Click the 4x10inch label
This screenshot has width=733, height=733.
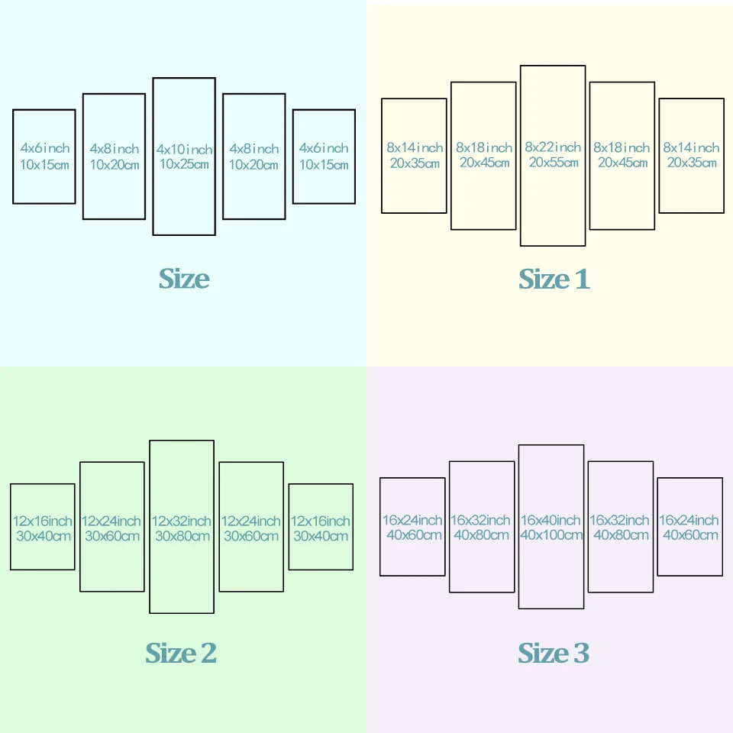pyautogui.click(x=184, y=149)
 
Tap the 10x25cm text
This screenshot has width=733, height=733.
pyautogui.click(x=184, y=164)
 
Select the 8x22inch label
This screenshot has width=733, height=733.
pyautogui.click(x=553, y=147)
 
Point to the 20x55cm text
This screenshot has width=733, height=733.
pyautogui.click(x=554, y=162)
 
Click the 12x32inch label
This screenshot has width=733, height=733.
pyautogui.click(x=182, y=521)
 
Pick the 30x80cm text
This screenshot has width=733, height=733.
pyautogui.click(x=182, y=536)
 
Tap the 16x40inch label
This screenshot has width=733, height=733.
pyautogui.click(x=551, y=520)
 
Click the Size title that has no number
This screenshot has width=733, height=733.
pyautogui.click(x=184, y=279)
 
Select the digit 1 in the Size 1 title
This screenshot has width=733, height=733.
pyautogui.click(x=583, y=279)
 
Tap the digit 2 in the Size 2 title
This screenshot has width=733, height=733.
pyautogui.click(x=208, y=653)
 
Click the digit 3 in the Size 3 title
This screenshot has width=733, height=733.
pyautogui.click(x=582, y=653)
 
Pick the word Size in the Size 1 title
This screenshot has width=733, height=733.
pyautogui.click(x=544, y=279)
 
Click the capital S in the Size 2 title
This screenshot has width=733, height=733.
pyautogui.click(x=153, y=653)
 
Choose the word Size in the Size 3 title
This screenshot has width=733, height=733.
pyautogui.click(x=543, y=653)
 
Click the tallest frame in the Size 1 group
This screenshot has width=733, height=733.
pyautogui.click(x=520, y=156)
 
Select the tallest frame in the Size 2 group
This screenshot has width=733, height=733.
pyautogui.click(x=150, y=527)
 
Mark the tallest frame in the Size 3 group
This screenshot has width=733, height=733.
pyautogui.click(x=519, y=527)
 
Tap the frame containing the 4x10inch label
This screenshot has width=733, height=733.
pyautogui.click(x=153, y=157)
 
